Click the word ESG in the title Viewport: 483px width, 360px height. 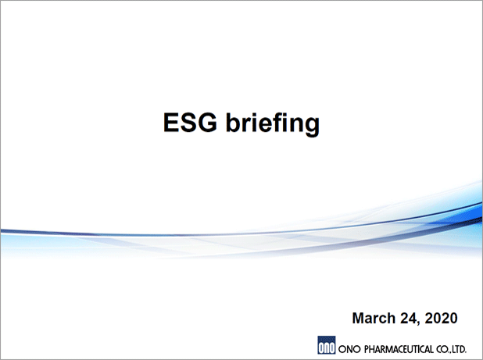point(190,123)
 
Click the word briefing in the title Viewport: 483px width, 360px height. point(273,123)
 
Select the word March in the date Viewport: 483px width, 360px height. point(374,318)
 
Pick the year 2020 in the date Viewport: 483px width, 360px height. point(441,318)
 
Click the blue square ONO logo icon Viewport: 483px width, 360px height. point(326,345)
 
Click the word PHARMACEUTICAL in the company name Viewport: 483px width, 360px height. point(399,349)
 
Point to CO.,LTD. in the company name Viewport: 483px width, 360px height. point(451,349)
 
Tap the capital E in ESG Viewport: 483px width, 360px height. point(171,123)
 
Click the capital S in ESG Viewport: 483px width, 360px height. point(188,123)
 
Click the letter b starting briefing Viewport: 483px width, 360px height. point(233,123)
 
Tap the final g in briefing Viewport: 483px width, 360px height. point(312,127)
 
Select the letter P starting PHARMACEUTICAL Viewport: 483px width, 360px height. point(367,349)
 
